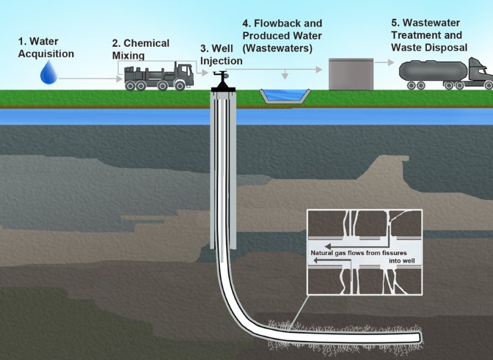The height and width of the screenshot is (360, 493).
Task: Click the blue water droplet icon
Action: [x=49, y=72]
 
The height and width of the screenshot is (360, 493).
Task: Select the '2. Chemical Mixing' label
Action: [x=140, y=49]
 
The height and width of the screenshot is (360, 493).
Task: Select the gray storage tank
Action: [x=350, y=73]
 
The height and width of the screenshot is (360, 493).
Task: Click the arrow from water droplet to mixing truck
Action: [x=88, y=76]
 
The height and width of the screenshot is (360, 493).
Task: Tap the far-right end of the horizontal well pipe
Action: [x=418, y=337]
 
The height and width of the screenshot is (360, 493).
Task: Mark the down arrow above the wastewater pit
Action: [x=284, y=76]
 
